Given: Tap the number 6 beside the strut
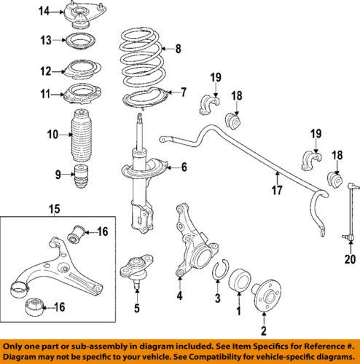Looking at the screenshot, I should pos(183,167).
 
